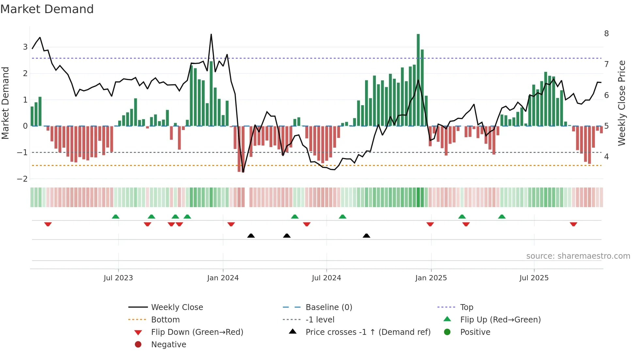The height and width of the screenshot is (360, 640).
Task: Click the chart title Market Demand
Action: tap(47, 9)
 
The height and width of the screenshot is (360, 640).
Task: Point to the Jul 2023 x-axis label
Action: tap(118, 278)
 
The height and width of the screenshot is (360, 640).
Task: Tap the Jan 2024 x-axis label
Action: tap(223, 278)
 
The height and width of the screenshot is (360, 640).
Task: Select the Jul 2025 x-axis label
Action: tap(534, 278)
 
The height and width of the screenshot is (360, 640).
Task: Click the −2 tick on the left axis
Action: tap(23, 179)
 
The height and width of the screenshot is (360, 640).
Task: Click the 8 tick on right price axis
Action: tap(606, 34)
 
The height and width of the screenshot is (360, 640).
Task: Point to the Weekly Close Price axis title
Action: tap(622, 103)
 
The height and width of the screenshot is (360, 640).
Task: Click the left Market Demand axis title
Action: tap(5, 103)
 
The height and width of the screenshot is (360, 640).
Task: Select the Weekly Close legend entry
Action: tap(177, 307)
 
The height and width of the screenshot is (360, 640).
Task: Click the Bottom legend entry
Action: tap(165, 320)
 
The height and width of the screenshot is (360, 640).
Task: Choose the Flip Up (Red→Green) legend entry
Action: tap(500, 320)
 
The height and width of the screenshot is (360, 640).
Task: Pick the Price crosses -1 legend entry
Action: tap(368, 332)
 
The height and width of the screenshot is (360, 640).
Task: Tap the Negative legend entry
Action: tap(168, 345)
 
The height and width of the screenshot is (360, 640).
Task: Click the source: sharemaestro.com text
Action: tap(578, 256)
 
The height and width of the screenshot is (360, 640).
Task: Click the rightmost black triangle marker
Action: tap(366, 236)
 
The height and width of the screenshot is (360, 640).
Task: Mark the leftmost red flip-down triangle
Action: tap(48, 224)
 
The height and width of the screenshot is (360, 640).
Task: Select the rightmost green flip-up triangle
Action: tap(502, 217)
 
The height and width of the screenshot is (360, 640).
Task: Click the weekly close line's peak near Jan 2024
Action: tap(211, 35)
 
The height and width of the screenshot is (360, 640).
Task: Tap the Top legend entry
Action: tap(466, 307)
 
